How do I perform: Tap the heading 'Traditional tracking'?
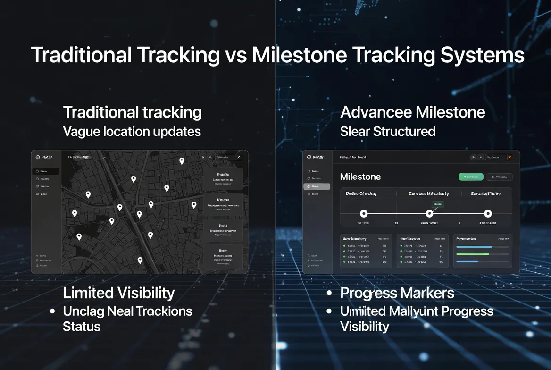click(132, 112)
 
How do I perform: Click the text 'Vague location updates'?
click(132, 131)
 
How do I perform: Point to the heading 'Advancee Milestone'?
click(412, 112)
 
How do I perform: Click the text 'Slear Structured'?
click(387, 131)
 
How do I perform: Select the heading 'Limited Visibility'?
click(118, 293)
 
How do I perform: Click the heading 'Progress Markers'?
click(397, 293)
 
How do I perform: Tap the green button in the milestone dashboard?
click(471, 177)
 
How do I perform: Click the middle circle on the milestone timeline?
click(429, 214)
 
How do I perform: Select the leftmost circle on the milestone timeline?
click(363, 214)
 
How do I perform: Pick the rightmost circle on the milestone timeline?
click(488, 214)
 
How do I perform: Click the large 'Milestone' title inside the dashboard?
click(360, 177)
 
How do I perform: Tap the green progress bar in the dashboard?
click(472, 254)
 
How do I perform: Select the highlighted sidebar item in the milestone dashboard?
click(317, 186)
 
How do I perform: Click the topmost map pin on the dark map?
click(182, 160)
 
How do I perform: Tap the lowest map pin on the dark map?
click(140, 260)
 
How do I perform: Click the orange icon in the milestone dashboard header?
click(509, 157)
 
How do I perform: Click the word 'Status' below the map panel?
click(82, 327)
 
